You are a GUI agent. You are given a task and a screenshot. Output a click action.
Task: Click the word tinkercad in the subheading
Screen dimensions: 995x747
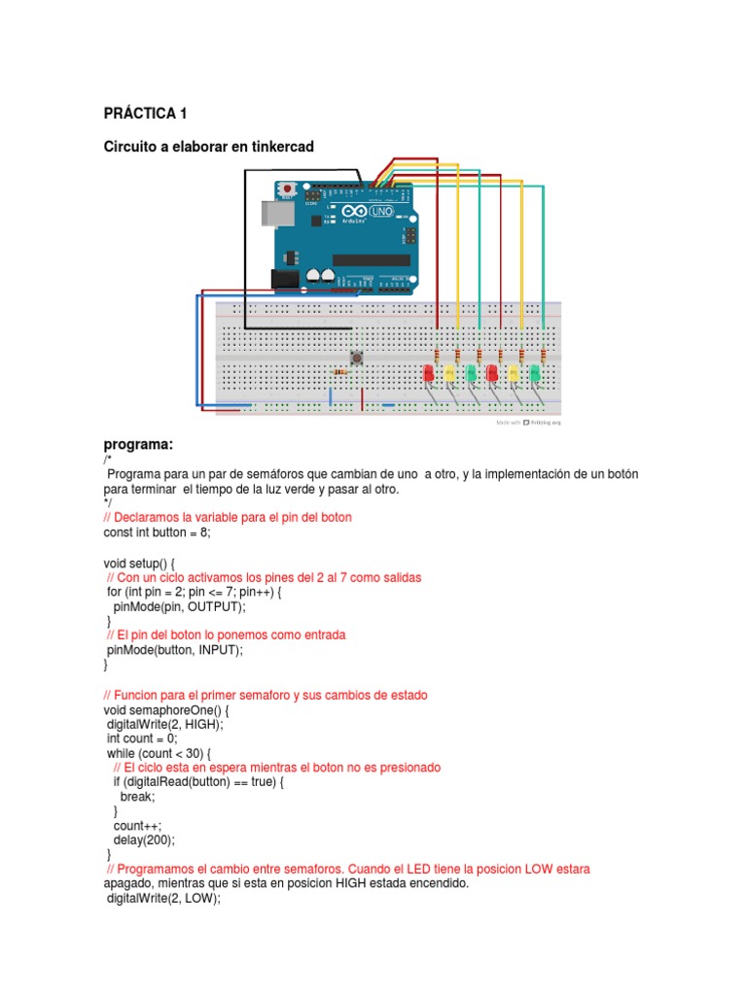pos(282,146)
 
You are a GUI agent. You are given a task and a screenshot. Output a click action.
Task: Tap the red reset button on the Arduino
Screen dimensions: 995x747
pos(287,187)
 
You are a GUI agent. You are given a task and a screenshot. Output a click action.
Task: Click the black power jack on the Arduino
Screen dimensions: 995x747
pos(283,279)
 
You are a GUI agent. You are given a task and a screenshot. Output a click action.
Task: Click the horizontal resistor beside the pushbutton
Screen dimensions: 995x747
pos(340,371)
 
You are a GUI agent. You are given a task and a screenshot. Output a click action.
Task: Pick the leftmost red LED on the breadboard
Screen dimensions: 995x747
pos(429,373)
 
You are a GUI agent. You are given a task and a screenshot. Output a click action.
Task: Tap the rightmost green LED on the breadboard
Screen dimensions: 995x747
pos(534,373)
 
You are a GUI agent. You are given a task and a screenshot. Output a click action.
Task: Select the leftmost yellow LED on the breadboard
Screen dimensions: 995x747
pos(449,373)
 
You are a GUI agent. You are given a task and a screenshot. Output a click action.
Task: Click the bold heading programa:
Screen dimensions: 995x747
pos(137,444)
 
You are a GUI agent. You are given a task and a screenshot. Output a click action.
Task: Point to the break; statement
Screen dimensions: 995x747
pos(137,796)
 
